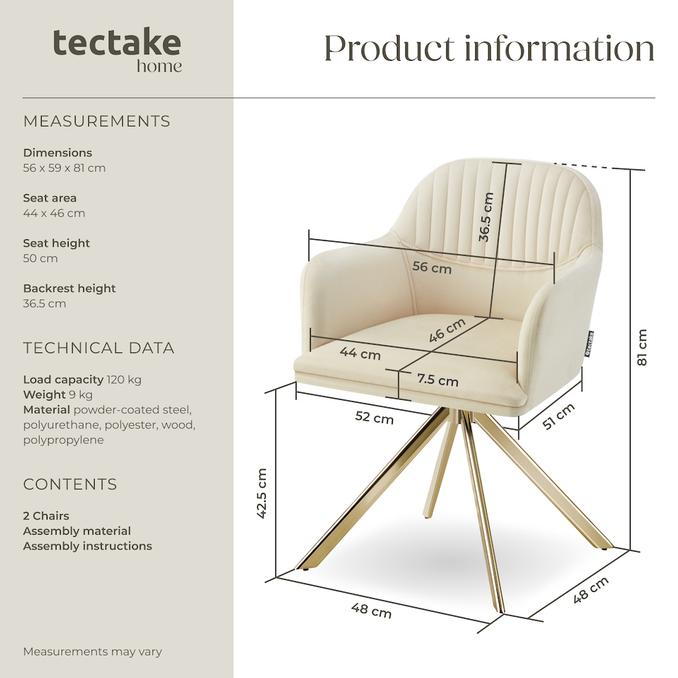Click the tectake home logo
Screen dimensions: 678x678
pyautogui.click(x=117, y=50)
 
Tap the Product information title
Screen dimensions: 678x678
pyautogui.click(x=489, y=49)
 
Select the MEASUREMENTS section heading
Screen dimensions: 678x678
pyautogui.click(x=97, y=121)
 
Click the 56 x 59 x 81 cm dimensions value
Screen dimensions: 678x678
pyautogui.click(x=64, y=168)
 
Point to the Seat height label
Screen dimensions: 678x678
pyautogui.click(x=56, y=243)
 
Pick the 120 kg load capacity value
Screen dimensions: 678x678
pyautogui.click(x=124, y=379)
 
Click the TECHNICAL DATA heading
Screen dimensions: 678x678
pyautogui.click(x=99, y=348)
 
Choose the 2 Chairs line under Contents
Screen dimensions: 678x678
pyautogui.click(x=46, y=516)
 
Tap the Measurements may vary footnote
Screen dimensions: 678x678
pyautogui.click(x=93, y=652)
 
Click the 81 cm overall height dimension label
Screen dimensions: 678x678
pyautogui.click(x=641, y=347)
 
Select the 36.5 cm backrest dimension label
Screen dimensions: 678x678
pyautogui.click(x=485, y=217)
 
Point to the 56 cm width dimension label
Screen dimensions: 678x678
pyautogui.click(x=432, y=268)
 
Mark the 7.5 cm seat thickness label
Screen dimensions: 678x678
pyautogui.click(x=437, y=380)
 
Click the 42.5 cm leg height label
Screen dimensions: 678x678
pyautogui.click(x=261, y=494)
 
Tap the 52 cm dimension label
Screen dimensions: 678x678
pyautogui.click(x=374, y=418)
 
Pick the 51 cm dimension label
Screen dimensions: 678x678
pyautogui.click(x=558, y=416)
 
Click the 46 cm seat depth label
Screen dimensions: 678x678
pyautogui.click(x=447, y=331)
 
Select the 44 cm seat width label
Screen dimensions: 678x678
pyautogui.click(x=360, y=352)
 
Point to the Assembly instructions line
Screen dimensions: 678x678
pyautogui.click(x=88, y=546)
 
